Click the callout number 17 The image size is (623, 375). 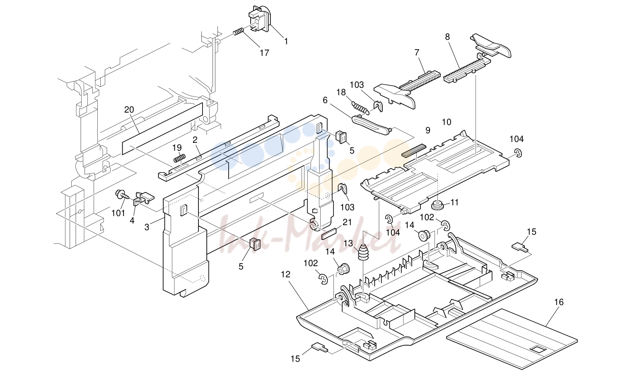pyautogui.click(x=264, y=53)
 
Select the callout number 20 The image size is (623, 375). pyautogui.click(x=129, y=110)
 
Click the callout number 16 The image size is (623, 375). pyautogui.click(x=559, y=302)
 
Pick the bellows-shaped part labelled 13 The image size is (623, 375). pyautogui.click(x=363, y=252)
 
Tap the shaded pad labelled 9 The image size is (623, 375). pyautogui.click(x=414, y=151)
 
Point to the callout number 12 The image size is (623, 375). pyautogui.click(x=286, y=275)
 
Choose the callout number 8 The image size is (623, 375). pyautogui.click(x=447, y=37)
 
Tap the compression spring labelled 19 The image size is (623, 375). pyautogui.click(x=179, y=159)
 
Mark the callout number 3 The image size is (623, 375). pyautogui.click(x=147, y=227)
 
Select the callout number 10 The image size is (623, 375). pyautogui.click(x=447, y=122)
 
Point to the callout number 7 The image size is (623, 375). pyautogui.click(x=417, y=53)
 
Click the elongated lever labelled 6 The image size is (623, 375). pyautogui.click(x=371, y=125)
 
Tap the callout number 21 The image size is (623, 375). pyautogui.click(x=348, y=222)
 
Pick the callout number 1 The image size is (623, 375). pyautogui.click(x=286, y=41)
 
